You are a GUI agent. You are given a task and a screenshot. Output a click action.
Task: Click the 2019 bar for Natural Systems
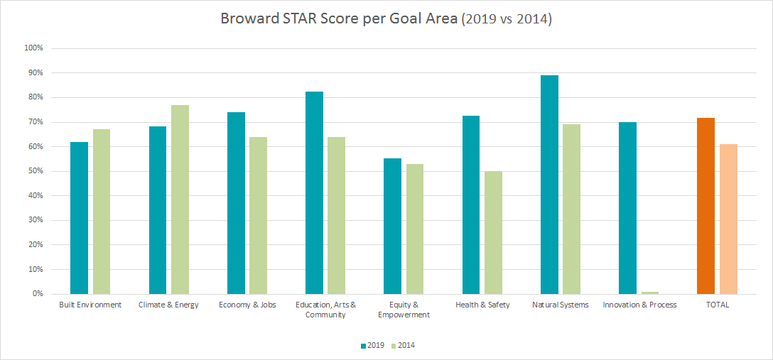point(549,185)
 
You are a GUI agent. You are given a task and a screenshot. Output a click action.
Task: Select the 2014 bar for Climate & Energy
point(180,200)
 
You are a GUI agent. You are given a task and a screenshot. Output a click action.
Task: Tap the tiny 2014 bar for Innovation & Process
point(649,293)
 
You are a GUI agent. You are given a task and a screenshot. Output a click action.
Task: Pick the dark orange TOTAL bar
point(706,206)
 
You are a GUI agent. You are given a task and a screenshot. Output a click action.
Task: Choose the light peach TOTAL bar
point(728,219)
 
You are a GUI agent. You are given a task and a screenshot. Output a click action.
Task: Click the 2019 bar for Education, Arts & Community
point(314,192)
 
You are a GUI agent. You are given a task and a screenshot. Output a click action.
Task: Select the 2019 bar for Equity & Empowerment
point(392,226)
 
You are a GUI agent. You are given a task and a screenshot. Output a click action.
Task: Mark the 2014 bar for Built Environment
point(102,212)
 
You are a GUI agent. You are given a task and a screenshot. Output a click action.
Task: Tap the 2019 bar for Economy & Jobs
point(236,203)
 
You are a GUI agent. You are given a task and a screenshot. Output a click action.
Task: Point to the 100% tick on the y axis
point(34,48)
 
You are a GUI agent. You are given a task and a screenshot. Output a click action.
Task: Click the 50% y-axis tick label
point(36,171)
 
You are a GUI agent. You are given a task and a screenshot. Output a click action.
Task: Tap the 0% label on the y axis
point(38,294)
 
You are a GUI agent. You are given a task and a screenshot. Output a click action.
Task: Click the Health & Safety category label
point(482,305)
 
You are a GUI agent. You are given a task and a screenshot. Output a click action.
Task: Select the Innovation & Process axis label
point(639,305)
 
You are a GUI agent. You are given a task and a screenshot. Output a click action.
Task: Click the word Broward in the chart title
point(249,19)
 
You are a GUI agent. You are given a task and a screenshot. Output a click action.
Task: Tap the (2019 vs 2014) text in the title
point(507,20)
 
